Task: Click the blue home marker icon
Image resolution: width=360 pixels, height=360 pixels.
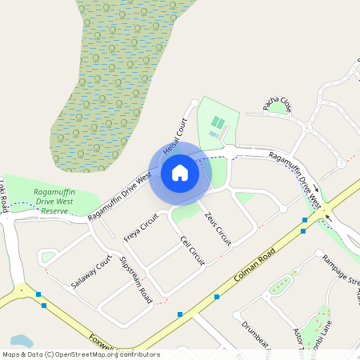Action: coord(180,172)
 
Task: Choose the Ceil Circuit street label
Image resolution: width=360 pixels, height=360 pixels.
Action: coord(193,250)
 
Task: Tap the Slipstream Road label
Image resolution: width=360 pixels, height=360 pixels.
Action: coord(135,278)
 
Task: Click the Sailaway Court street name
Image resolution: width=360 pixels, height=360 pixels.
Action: coord(90,273)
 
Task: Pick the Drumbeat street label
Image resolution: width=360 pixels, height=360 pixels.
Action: coord(257,336)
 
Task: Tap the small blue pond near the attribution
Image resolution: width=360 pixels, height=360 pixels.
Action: coord(22,342)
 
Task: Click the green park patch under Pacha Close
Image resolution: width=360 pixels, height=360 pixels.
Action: coord(279,107)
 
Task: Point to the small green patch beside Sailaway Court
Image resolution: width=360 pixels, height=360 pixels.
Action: coord(48,257)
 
